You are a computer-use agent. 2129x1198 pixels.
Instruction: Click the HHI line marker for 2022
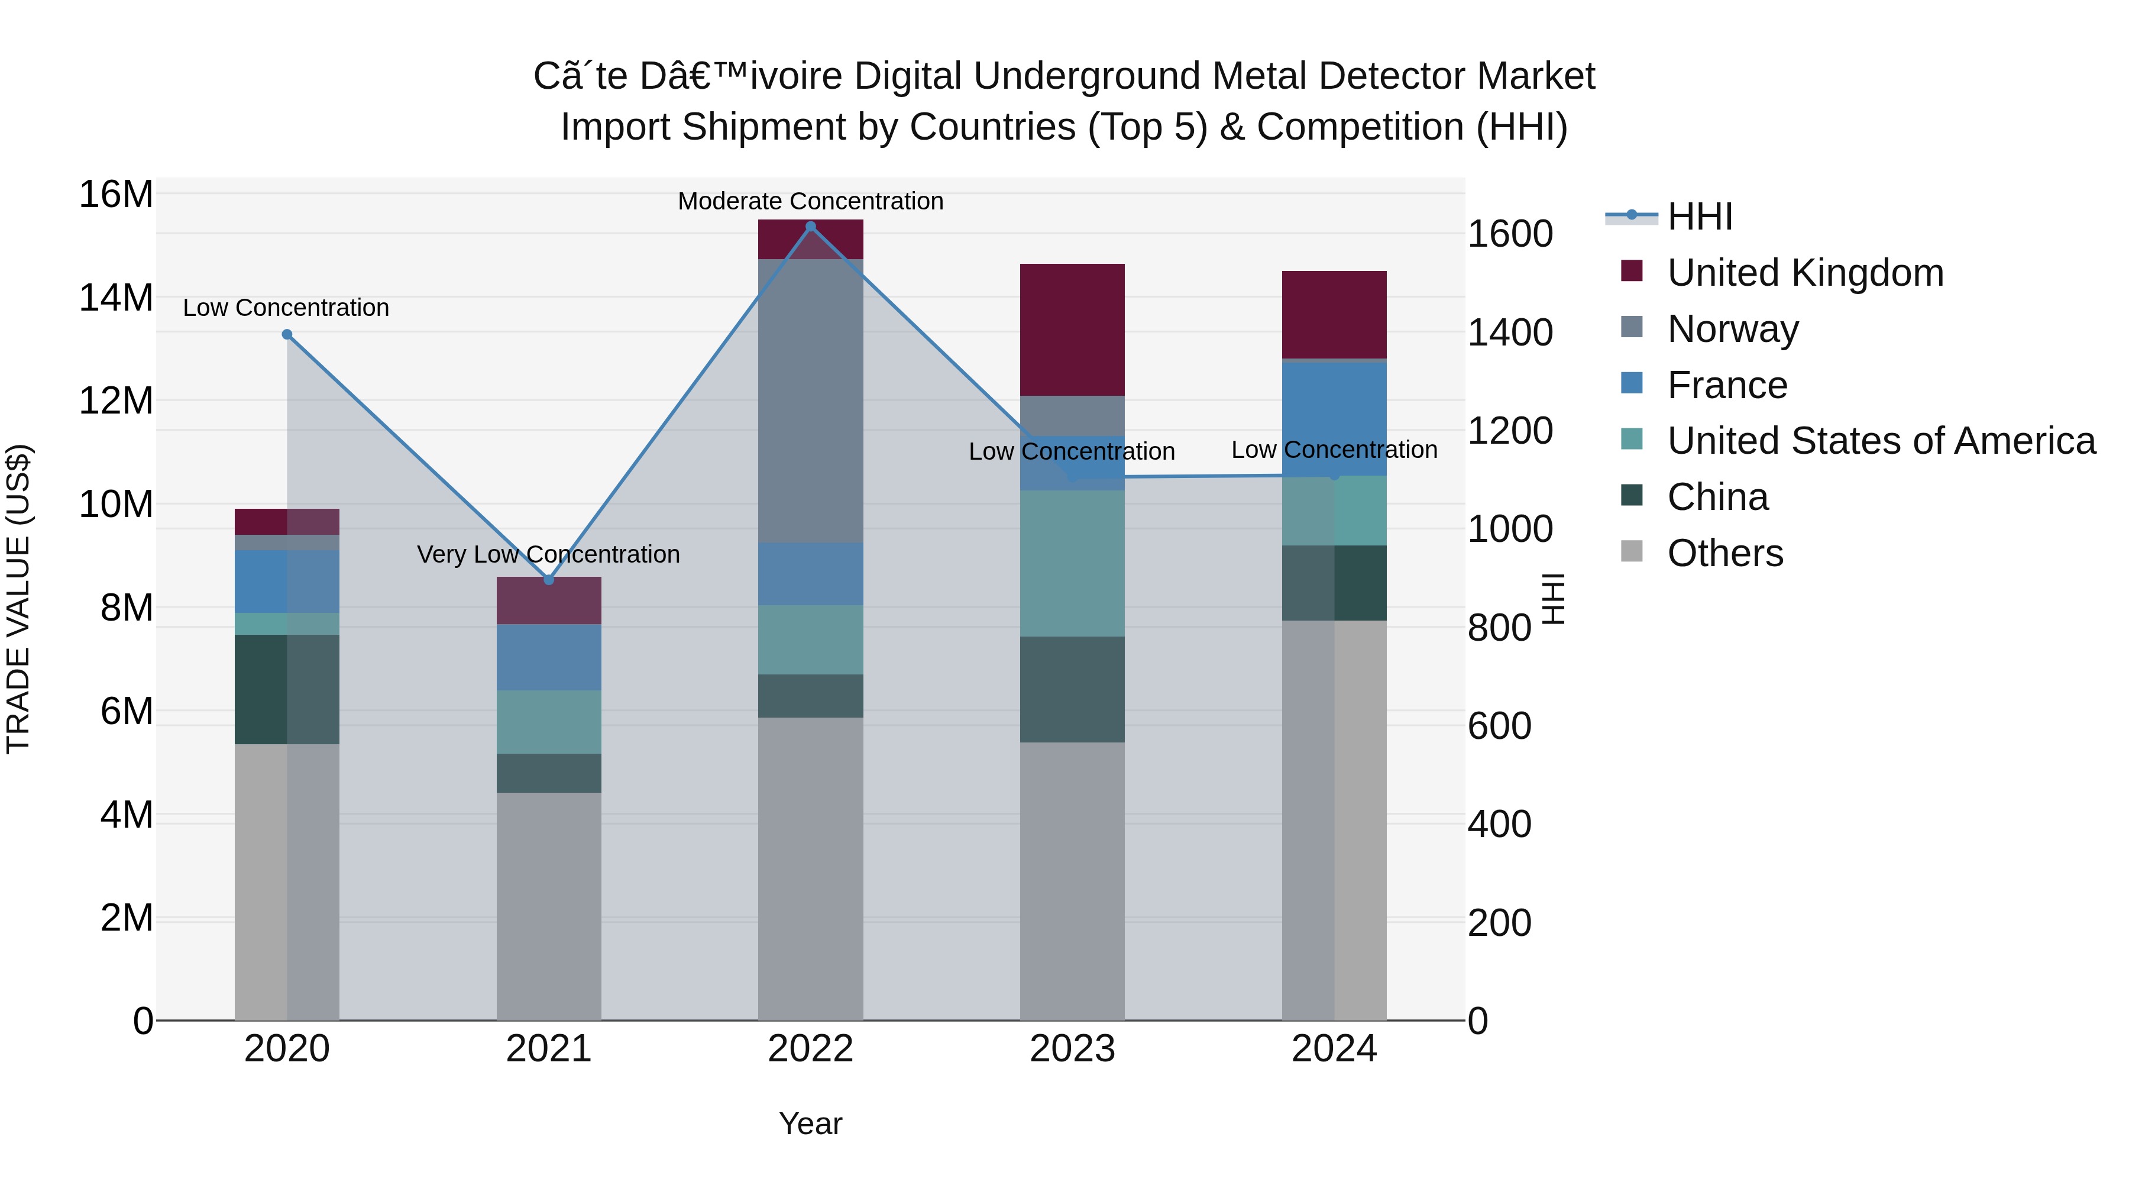[810, 227]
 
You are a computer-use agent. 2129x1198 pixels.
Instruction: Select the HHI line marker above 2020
[287, 335]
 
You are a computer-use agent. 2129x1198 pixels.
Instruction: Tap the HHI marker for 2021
[549, 580]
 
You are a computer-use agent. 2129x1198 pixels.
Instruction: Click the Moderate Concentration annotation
[810, 201]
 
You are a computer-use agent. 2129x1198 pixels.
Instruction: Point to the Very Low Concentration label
[548, 554]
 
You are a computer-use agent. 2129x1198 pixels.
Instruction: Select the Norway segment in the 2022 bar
[810, 401]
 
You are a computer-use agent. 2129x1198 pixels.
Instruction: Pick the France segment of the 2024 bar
[1334, 418]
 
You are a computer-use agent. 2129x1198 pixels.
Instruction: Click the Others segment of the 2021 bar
[549, 905]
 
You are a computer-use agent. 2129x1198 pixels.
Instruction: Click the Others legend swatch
[1632, 551]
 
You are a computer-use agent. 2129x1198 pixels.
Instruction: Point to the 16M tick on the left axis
[116, 195]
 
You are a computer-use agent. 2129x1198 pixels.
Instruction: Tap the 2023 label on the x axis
[1072, 1049]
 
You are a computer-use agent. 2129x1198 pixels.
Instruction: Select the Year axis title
[810, 1123]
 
